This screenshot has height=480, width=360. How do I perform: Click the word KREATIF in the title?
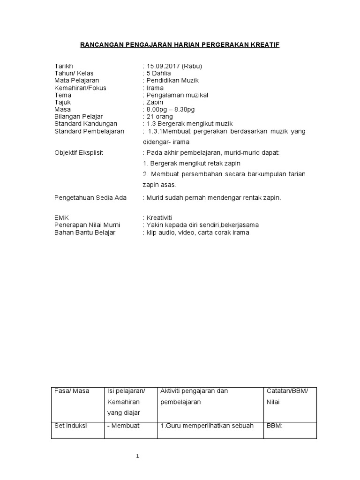point(265,44)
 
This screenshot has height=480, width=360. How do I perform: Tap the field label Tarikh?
point(64,66)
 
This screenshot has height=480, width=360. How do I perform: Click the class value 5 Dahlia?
point(158,74)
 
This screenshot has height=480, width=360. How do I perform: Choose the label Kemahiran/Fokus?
point(80,88)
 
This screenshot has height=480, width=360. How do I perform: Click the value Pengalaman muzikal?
point(177,95)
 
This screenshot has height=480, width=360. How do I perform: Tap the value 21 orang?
point(160,117)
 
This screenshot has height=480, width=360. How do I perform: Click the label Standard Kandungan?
point(86,124)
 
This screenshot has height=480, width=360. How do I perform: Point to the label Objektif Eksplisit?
point(79,153)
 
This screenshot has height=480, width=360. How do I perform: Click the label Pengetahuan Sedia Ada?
point(90,198)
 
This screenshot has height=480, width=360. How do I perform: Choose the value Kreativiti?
point(159,218)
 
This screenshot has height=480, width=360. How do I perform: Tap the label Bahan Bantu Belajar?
point(85,232)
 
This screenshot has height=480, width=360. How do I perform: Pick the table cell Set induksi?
point(71,426)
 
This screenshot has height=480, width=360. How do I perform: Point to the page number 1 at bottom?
point(137,456)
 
